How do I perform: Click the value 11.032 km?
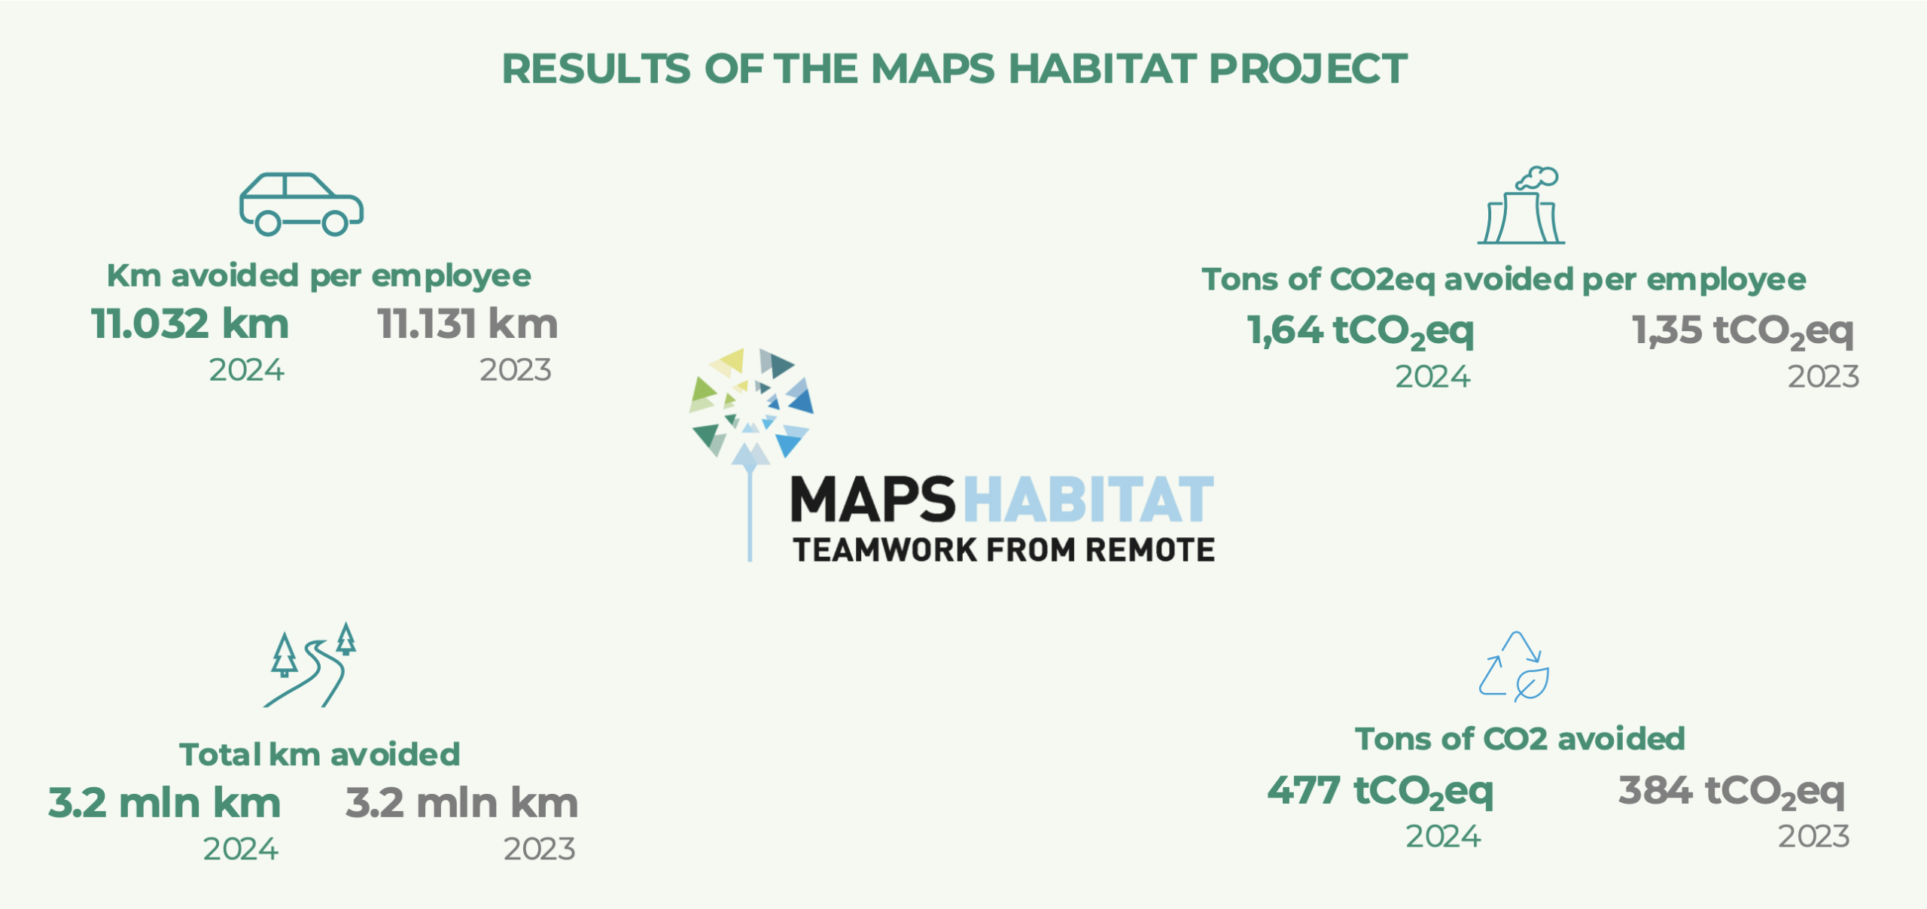(190, 324)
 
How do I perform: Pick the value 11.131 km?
(467, 324)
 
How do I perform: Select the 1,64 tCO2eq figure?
(1360, 331)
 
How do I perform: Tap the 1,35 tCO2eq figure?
(1743, 331)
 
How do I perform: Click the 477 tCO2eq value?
(1381, 792)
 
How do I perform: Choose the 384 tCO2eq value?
(1732, 792)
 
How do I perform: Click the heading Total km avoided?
(320, 755)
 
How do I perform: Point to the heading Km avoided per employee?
(319, 276)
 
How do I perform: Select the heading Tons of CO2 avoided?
(1520, 739)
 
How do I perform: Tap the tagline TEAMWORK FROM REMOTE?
(1004, 550)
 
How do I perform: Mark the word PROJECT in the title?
(1308, 69)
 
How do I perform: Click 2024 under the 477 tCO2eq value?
(1443, 837)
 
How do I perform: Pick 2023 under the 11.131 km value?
(516, 370)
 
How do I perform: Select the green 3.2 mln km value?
(165, 803)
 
